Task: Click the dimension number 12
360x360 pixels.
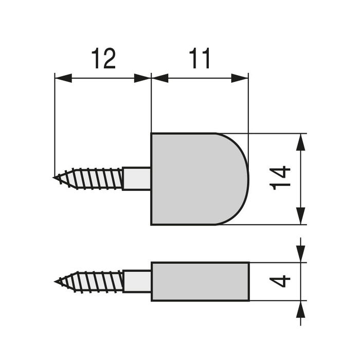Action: pyautogui.click(x=103, y=59)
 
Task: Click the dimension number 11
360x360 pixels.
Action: pyautogui.click(x=200, y=59)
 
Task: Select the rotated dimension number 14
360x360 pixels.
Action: pyautogui.click(x=281, y=178)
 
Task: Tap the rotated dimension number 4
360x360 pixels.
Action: pyautogui.click(x=281, y=281)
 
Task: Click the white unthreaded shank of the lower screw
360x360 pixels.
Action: pyautogui.click(x=137, y=281)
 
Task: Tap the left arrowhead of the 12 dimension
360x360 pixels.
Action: pyautogui.click(x=62, y=78)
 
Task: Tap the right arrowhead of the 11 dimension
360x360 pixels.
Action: pyautogui.click(x=240, y=78)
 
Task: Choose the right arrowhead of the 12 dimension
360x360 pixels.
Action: pyautogui.click(x=142, y=78)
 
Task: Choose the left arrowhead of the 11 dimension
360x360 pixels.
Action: pyautogui.click(x=160, y=78)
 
